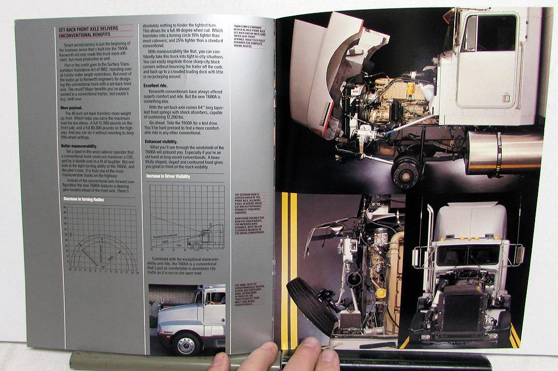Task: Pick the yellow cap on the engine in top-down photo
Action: pyautogui.click(x=381, y=293)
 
